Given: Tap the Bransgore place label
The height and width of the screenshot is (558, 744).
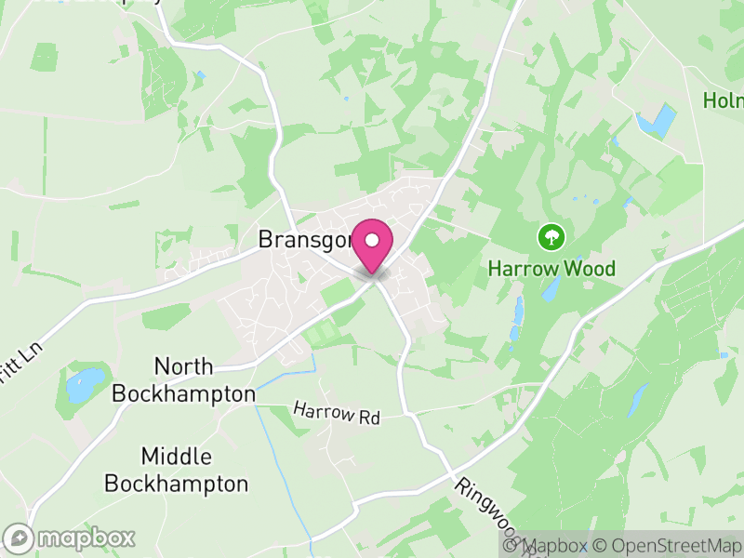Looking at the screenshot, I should pos(304,240).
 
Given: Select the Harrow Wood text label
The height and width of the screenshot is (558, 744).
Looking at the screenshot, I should pos(552,269).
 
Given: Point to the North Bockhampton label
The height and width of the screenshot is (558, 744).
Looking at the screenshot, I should pos(183,379).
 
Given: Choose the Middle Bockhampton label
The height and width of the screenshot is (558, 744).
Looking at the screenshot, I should pos(177,471).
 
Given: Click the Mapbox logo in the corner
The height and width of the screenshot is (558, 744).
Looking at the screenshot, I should pos(70,538).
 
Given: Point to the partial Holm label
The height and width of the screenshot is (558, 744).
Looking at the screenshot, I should pos(724,100).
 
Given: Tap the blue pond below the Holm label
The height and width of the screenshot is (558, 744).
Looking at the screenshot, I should pos(656,122).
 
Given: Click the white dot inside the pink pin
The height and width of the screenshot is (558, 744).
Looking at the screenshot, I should pos(373,240).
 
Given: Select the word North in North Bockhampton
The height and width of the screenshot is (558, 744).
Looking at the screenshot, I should pos(183,366).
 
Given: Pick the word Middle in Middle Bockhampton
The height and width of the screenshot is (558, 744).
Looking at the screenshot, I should pos(177,457).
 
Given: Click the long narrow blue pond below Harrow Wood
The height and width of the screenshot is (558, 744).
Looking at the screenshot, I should pos(517,321).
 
